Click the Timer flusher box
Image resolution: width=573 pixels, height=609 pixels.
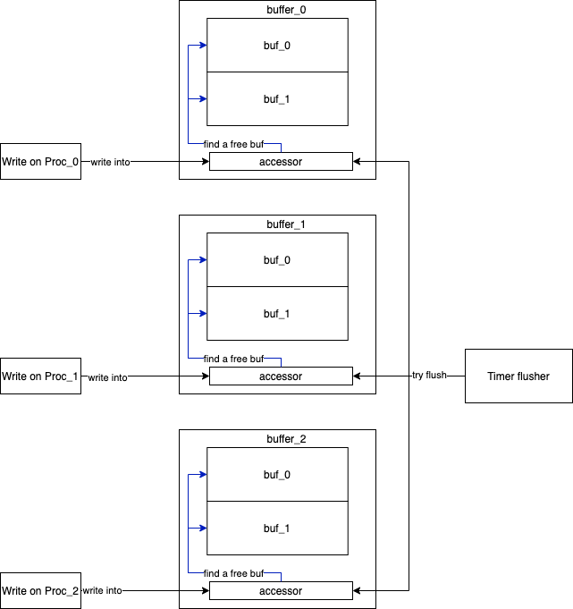(518, 376)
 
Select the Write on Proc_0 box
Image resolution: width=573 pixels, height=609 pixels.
(40, 162)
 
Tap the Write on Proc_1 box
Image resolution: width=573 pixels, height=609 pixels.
(40, 376)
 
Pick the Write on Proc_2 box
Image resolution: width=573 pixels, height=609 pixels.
(40, 591)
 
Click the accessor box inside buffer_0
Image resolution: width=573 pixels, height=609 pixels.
(281, 162)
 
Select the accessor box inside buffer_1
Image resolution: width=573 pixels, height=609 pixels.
(281, 376)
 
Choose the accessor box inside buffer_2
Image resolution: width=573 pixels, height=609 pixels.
(281, 591)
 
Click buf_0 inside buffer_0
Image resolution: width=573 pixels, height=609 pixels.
(276, 45)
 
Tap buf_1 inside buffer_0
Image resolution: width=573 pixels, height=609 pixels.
(276, 98)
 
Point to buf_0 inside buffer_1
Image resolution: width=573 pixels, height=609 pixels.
(276, 259)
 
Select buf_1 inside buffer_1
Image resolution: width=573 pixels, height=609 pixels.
(276, 313)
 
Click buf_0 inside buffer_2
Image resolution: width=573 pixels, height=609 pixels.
(276, 474)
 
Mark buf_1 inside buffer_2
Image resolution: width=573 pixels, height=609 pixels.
(276, 528)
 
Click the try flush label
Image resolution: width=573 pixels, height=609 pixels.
(429, 375)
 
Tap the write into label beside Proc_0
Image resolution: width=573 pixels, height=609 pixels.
(110, 162)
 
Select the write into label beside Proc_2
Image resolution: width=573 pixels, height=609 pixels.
(102, 591)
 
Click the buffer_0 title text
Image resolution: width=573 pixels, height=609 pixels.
(277, 9)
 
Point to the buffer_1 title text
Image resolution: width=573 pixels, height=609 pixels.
(277, 224)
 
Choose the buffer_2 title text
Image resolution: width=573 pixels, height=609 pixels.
(277, 438)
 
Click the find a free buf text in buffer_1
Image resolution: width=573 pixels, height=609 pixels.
(234, 359)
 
